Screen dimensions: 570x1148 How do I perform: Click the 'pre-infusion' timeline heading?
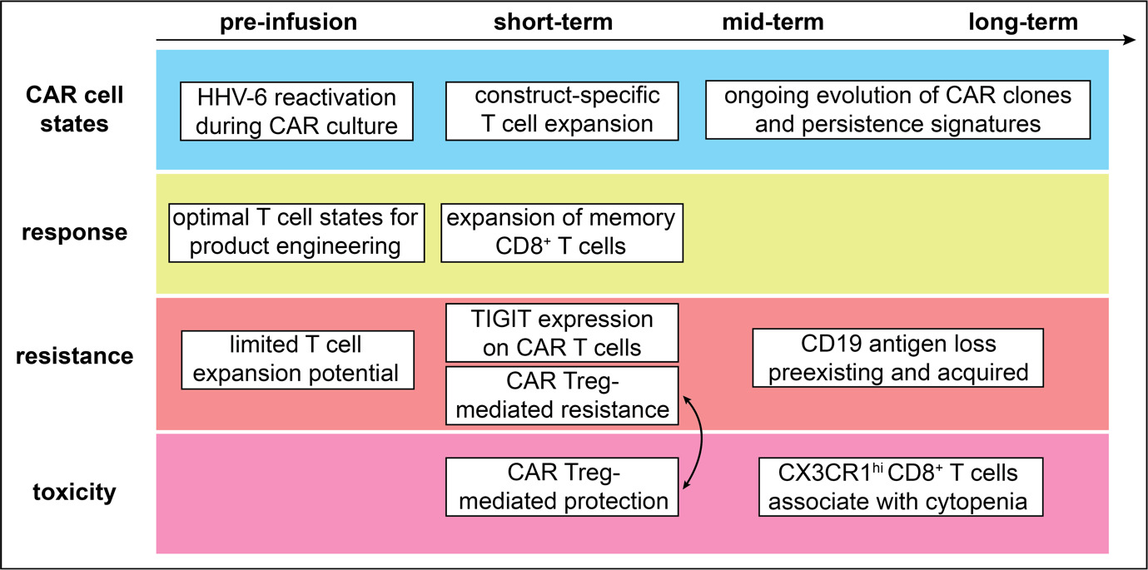[288, 23]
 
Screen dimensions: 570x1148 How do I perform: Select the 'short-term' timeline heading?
[553, 23]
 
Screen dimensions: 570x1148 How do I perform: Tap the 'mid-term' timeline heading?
[773, 23]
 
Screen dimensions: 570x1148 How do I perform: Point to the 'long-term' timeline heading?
[1023, 23]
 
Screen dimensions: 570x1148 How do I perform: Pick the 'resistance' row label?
[75, 356]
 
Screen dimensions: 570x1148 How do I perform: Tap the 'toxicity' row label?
[75, 493]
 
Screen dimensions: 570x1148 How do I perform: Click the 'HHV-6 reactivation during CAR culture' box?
[297, 111]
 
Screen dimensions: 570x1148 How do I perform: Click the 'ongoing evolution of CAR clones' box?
[897, 111]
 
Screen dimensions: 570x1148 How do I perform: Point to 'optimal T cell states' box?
[296, 233]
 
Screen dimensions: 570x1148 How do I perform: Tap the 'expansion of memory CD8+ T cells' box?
[562, 233]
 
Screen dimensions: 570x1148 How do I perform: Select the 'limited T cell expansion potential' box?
[297, 359]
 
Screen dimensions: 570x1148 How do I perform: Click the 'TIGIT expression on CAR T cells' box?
[562, 332]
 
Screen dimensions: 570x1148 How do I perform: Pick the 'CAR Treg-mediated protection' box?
[562, 487]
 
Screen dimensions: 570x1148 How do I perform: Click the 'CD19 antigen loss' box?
[897, 358]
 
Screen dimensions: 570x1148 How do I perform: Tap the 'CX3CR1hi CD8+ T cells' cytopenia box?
[900, 487]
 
